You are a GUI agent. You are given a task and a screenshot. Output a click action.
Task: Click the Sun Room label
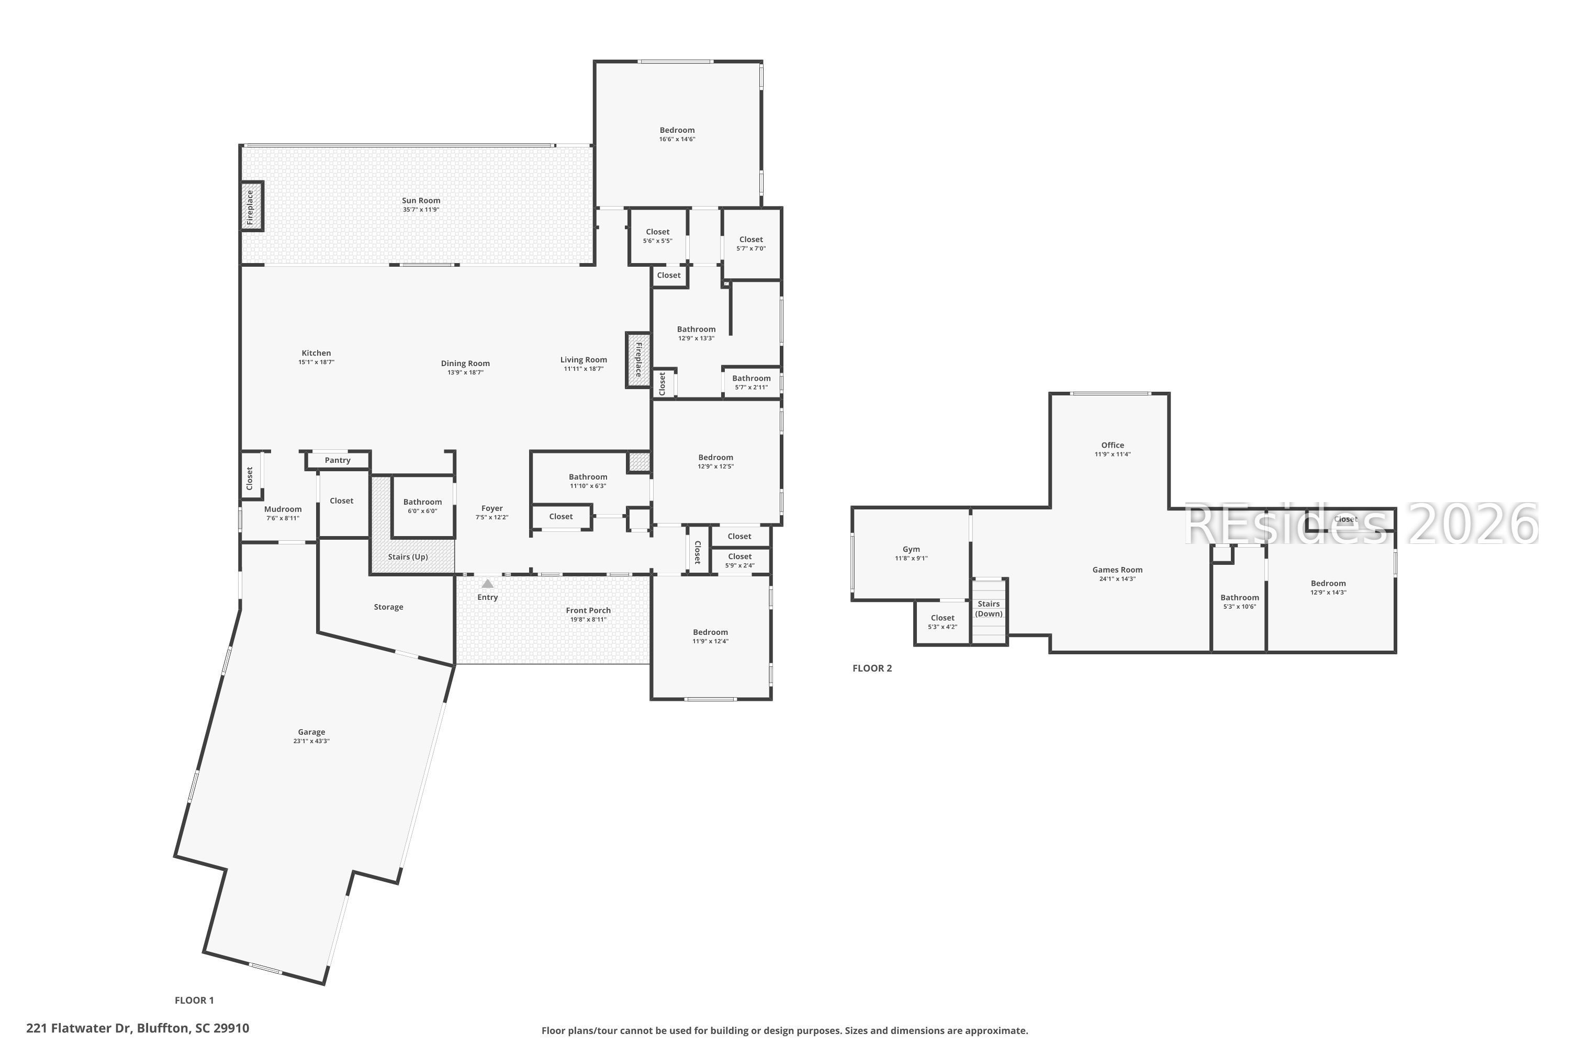tap(421, 200)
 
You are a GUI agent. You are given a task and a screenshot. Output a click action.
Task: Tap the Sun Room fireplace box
tap(252, 207)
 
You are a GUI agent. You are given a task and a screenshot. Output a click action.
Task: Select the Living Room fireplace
tap(638, 360)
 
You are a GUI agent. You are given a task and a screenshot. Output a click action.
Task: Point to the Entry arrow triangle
tap(487, 584)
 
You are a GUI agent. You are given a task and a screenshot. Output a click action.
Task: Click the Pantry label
tap(338, 460)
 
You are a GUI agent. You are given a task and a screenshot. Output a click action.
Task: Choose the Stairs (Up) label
tap(408, 557)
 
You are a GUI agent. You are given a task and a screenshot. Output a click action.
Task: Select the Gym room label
tap(911, 550)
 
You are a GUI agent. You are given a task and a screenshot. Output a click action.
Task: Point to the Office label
tap(1112, 445)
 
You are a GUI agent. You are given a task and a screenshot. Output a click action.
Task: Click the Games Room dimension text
tap(1117, 579)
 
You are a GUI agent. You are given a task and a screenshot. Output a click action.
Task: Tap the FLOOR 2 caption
tap(872, 668)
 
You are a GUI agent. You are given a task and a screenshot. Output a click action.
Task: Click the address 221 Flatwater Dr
tap(80, 1028)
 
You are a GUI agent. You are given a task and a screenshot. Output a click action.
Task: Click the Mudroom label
tap(283, 509)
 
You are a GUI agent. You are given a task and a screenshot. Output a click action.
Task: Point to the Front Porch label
tap(588, 610)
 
